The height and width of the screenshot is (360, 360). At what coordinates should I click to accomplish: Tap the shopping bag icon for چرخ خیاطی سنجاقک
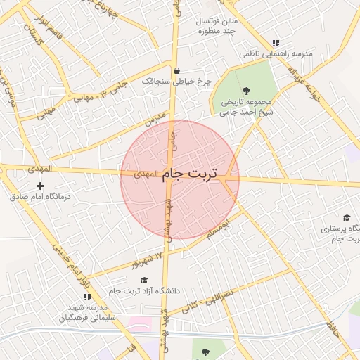176,70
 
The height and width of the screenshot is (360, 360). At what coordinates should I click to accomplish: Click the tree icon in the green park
245,90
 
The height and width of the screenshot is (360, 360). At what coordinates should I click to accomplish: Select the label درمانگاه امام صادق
40,198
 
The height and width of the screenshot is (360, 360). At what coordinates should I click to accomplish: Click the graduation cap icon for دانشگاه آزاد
144,281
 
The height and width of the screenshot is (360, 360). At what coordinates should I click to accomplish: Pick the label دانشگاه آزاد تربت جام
144,291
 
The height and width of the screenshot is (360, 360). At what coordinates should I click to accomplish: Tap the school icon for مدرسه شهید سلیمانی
87,297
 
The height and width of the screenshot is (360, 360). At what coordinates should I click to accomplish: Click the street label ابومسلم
217,231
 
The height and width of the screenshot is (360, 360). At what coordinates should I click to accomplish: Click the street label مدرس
154,119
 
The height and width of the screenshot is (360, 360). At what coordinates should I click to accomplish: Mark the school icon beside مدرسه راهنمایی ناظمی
276,43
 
